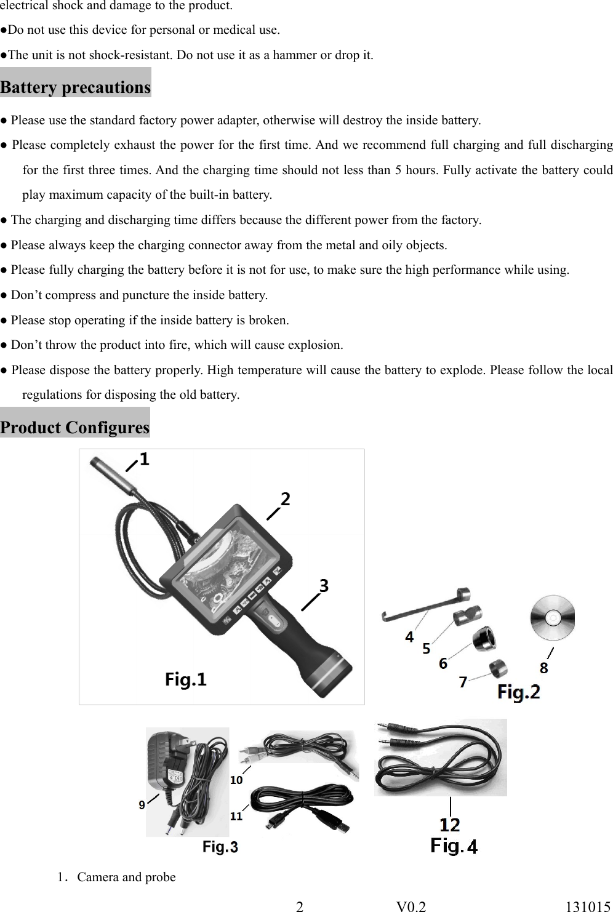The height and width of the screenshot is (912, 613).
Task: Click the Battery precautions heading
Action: click(75, 87)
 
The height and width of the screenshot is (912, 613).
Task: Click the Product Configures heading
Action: click(74, 427)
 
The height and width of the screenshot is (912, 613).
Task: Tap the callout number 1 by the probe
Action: click(143, 459)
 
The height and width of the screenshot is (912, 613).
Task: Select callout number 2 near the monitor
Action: click(285, 499)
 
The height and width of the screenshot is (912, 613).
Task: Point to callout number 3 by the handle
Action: click(324, 586)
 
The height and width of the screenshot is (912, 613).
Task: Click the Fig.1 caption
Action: click(186, 679)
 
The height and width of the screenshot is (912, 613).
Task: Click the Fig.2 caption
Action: click(519, 692)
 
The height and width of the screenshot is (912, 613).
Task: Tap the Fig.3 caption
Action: click(220, 847)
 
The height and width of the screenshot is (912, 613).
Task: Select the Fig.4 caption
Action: click(454, 846)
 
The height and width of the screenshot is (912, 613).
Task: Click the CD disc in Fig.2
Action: click(553, 617)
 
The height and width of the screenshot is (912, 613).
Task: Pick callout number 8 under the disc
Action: click(543, 667)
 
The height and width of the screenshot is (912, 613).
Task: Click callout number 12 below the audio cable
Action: click(450, 824)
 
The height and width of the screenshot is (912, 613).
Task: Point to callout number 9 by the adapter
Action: click(142, 805)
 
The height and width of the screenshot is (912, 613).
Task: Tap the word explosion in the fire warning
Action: click(318, 345)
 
